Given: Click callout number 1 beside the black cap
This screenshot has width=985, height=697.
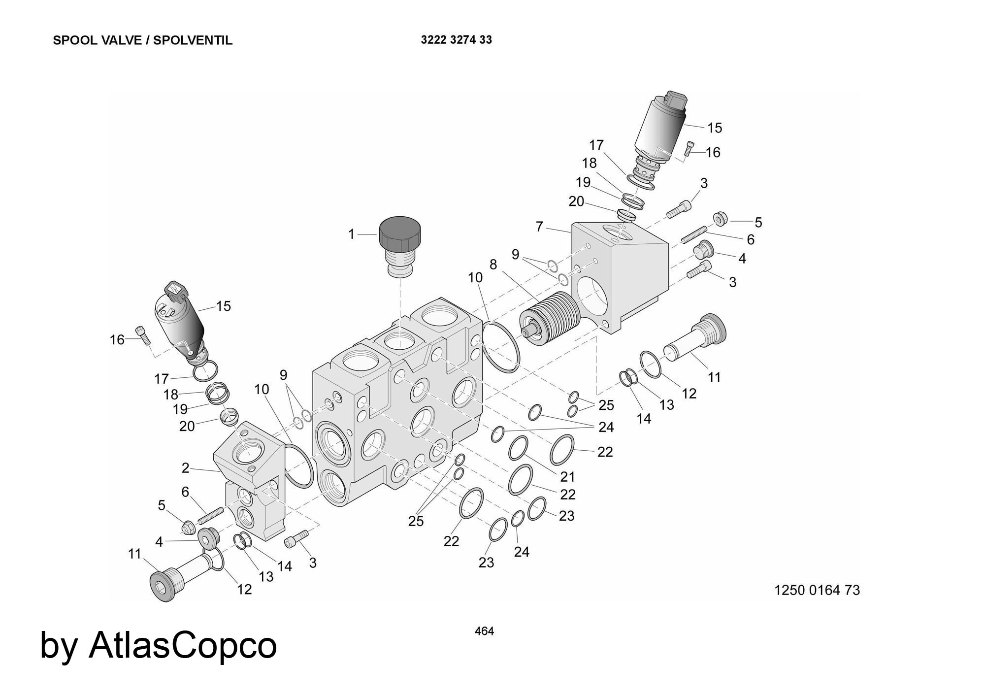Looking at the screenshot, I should coord(351,234).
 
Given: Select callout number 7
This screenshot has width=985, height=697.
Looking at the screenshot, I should coord(539,227).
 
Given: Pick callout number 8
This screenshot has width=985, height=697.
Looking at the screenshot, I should coord(493,265).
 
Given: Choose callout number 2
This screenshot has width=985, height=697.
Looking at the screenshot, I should coord(185,468).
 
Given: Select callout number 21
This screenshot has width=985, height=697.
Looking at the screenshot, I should coord(567,476).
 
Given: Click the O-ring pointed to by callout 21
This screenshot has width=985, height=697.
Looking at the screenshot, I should coord(518,448).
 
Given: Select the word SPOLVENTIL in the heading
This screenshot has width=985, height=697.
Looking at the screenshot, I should coord(193,40).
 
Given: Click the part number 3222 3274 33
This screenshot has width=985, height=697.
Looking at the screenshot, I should coord(456,40).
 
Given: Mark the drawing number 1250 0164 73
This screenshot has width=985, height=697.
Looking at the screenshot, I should coord(817,590).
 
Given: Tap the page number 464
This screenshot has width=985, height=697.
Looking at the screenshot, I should coord(484,631).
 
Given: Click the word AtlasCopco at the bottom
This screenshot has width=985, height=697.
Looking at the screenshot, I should coord(183,645).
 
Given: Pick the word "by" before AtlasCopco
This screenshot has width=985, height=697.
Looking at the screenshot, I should coord(58,646).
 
